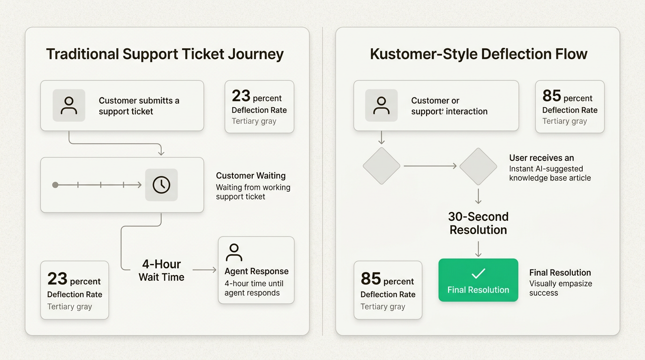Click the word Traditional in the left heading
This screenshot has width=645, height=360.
pyautogui.click(x=82, y=54)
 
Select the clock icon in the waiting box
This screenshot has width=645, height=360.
pyautogui.click(x=161, y=185)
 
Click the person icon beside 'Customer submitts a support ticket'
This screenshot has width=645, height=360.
pyautogui.click(x=69, y=105)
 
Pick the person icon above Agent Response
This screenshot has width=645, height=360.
pyautogui.click(x=234, y=252)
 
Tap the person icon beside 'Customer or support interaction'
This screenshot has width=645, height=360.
pyautogui.click(x=381, y=105)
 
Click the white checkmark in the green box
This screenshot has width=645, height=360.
pyautogui.click(x=478, y=273)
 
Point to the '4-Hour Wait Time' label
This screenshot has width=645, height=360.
pyautogui.click(x=161, y=270)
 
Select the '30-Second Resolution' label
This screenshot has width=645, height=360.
pyautogui.click(x=478, y=223)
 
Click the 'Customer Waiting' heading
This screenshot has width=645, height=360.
pyautogui.click(x=251, y=176)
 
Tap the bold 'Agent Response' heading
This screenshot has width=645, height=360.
pyautogui.click(x=256, y=271)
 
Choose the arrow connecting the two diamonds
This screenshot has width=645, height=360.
pyautogui.click(x=430, y=166)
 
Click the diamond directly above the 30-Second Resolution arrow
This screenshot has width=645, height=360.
pyautogui.click(x=478, y=166)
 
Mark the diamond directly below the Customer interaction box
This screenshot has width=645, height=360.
pyautogui.click(x=382, y=166)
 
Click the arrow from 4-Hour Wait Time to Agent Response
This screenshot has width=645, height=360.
pyautogui.click(x=204, y=270)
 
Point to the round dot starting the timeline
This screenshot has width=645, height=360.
pyautogui.click(x=55, y=185)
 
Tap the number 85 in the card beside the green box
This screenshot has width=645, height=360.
pyautogui.click(x=371, y=279)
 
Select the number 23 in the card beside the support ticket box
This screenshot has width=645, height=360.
pyautogui.click(x=241, y=96)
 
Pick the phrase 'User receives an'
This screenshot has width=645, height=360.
pyautogui.click(x=541, y=158)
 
